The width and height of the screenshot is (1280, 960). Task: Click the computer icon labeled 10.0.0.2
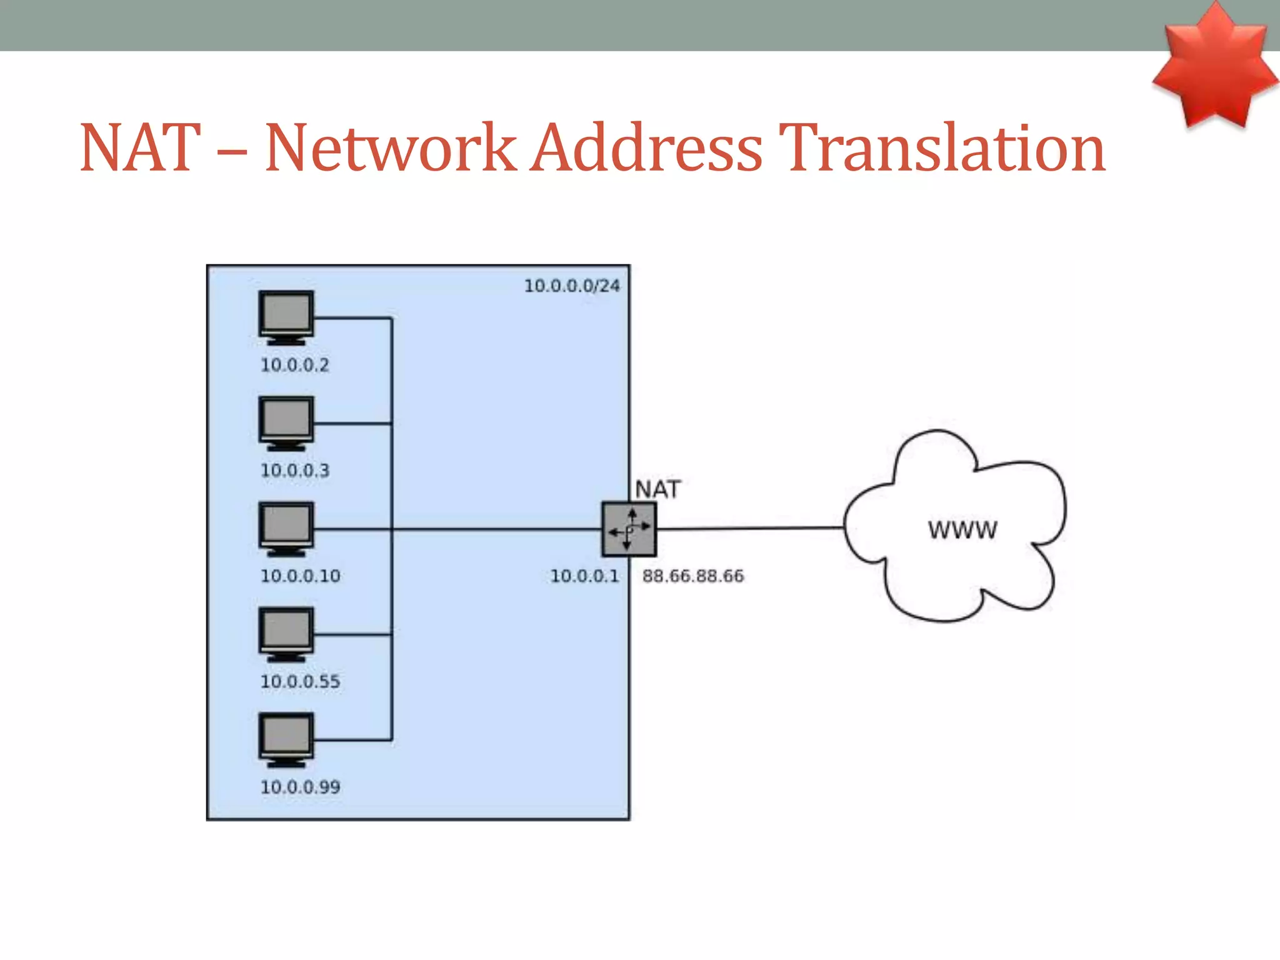click(x=286, y=317)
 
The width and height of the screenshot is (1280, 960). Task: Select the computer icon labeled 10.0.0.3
click(x=286, y=422)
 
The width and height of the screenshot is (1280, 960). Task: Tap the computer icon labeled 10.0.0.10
click(x=286, y=528)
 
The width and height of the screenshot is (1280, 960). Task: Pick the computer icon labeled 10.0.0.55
click(x=286, y=634)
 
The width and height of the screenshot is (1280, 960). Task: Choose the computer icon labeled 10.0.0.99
click(x=286, y=739)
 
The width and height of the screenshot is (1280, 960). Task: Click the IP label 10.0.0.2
click(x=294, y=365)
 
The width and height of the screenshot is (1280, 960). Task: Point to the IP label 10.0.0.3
click(x=294, y=471)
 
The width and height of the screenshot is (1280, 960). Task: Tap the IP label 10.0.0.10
click(x=300, y=576)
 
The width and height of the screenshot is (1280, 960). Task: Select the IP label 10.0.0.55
click(x=300, y=682)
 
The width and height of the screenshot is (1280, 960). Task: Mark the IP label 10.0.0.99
click(x=300, y=787)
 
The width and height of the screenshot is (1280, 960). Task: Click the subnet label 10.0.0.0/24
click(x=571, y=286)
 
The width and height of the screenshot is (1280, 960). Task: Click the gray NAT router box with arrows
click(x=629, y=529)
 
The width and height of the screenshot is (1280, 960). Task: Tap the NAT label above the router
click(x=657, y=489)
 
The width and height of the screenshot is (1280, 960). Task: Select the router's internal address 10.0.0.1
click(x=584, y=576)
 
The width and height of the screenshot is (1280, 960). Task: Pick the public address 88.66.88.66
click(x=692, y=576)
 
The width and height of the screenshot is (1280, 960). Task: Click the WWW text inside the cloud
click(x=962, y=530)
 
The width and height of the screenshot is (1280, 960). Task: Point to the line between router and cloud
click(x=750, y=528)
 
